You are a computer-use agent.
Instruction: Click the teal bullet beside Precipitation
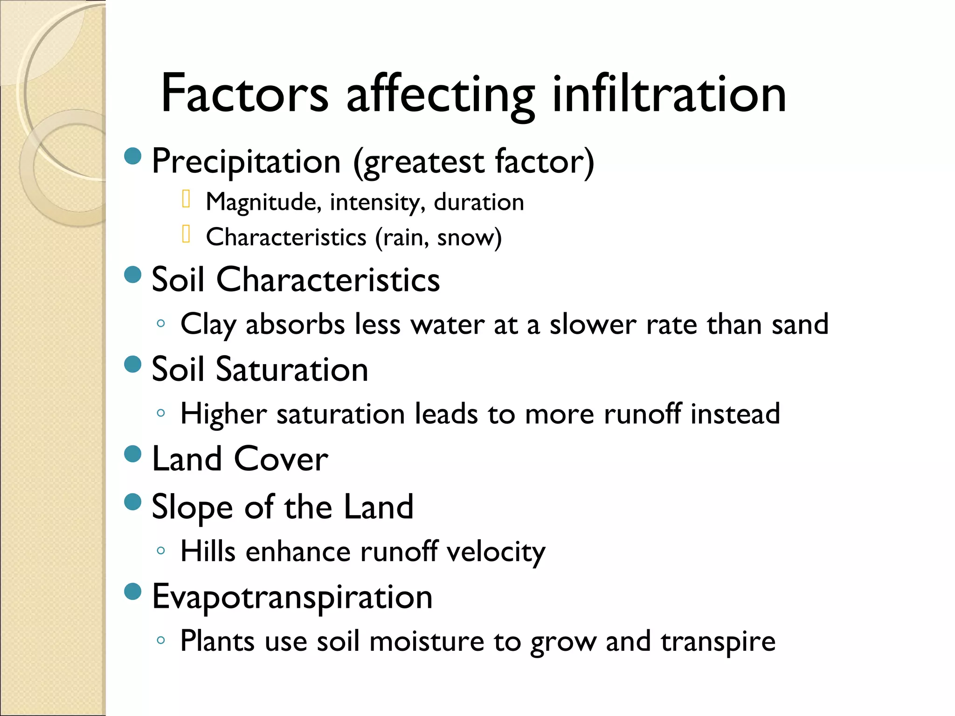133,156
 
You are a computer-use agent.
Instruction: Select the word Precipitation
246,162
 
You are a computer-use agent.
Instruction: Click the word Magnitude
263,202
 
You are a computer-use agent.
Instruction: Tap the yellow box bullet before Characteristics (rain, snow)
186,234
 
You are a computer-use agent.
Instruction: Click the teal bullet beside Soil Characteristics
133,275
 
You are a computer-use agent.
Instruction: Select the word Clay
208,324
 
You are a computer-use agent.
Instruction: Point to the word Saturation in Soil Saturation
292,369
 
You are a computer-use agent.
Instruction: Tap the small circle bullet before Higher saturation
161,413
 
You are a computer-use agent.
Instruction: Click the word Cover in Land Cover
281,459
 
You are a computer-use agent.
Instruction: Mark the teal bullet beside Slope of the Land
133,502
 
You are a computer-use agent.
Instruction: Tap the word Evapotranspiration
292,597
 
